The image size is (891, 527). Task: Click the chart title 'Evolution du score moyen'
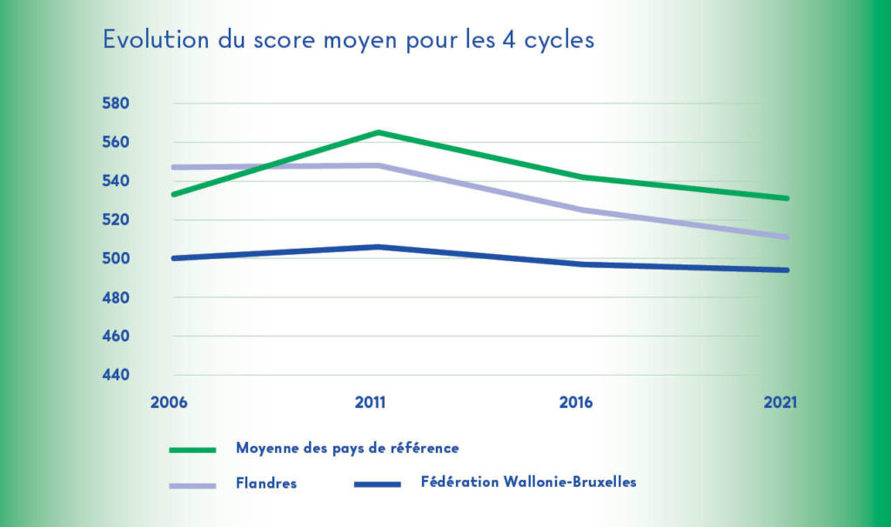[348, 41]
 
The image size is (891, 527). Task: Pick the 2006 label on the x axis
[169, 404]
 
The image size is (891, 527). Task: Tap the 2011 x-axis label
[371, 404]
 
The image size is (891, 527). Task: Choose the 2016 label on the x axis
[576, 404]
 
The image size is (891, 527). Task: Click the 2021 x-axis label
[779, 404]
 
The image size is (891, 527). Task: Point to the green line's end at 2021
[787, 198]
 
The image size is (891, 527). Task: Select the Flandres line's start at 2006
[175, 167]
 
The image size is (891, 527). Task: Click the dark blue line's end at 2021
[787, 270]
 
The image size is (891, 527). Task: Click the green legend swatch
[192, 450]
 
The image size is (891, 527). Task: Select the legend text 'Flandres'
[265, 484]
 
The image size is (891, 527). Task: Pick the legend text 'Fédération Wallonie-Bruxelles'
[528, 482]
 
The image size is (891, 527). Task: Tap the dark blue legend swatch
[377, 484]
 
